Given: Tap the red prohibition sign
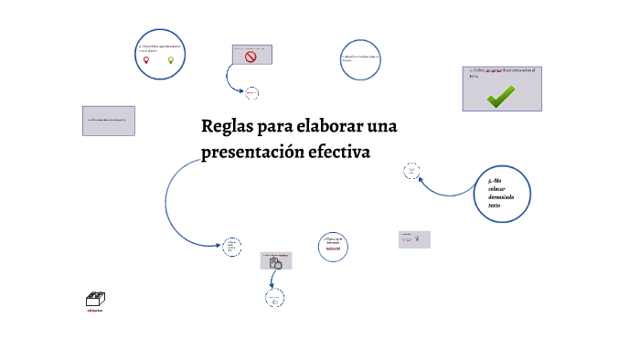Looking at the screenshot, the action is pyautogui.click(x=251, y=58).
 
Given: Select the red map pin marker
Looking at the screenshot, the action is pyautogui.click(x=145, y=60).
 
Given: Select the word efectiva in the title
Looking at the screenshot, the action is pyautogui.click(x=339, y=152).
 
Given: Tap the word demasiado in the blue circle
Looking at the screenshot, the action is pyautogui.click(x=501, y=197).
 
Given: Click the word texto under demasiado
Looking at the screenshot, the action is pyautogui.click(x=494, y=206).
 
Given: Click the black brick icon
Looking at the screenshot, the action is pyautogui.click(x=95, y=299).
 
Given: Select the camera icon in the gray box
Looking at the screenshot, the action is pyautogui.click(x=275, y=263).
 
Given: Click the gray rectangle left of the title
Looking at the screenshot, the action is pyautogui.click(x=109, y=121).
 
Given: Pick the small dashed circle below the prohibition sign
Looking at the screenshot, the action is pyautogui.click(x=251, y=92).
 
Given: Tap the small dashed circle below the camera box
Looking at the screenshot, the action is pyautogui.click(x=272, y=299).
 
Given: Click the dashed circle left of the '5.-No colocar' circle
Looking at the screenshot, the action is pyautogui.click(x=411, y=171).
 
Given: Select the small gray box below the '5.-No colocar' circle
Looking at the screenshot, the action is pyautogui.click(x=414, y=238).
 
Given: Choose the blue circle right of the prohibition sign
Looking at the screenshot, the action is pyautogui.click(x=360, y=59).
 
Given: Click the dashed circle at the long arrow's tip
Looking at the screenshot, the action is pyautogui.click(x=231, y=246).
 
